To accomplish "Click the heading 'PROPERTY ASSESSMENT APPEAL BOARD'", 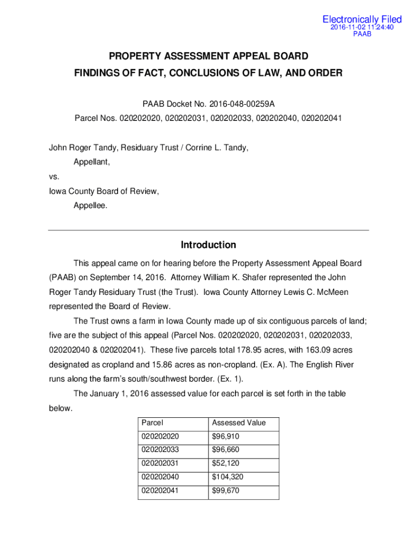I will [208, 56].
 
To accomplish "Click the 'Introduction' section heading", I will [208, 245].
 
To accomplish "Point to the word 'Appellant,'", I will [92, 162].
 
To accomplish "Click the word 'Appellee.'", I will [90, 205].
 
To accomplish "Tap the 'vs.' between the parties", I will [54, 176].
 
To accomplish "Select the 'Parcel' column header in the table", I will [152, 423].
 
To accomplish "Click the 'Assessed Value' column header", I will [239, 423].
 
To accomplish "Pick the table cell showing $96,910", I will [226, 436].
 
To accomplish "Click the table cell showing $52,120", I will [226, 463].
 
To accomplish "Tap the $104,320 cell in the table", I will [228, 477].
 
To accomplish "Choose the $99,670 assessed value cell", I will [226, 491].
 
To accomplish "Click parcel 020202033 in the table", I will [160, 450].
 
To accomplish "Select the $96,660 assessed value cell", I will [226, 450].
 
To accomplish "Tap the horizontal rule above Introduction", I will [208, 230].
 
